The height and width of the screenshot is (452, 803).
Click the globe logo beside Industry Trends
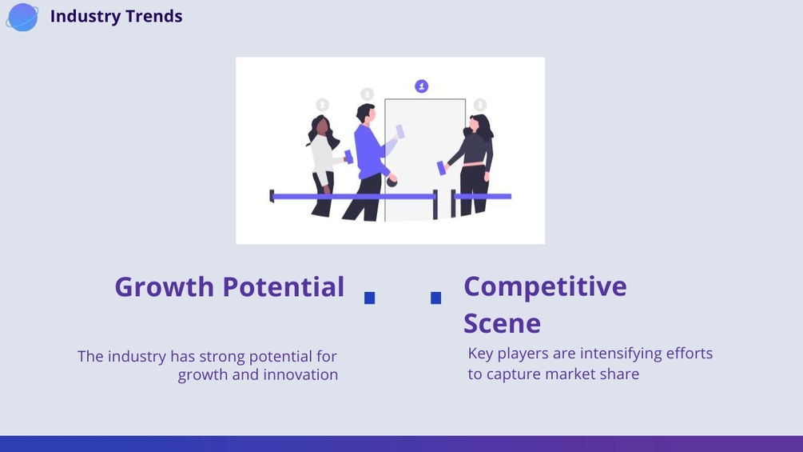point(22,17)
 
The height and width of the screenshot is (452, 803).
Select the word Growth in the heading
point(164,286)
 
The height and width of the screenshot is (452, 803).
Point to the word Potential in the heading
point(283,286)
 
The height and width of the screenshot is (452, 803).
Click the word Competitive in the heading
point(545,286)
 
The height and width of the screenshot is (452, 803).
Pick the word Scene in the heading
point(502,323)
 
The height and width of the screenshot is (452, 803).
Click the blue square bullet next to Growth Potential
point(370,298)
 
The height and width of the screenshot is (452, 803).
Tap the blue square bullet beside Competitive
point(435,298)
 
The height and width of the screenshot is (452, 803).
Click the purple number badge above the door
point(421,86)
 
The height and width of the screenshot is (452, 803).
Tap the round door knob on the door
point(392,182)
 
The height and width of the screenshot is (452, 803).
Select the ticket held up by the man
point(400,132)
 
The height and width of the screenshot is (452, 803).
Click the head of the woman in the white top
point(321,126)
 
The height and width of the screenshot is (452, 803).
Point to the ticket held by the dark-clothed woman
point(441,168)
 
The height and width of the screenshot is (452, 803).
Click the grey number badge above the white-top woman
point(322,105)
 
